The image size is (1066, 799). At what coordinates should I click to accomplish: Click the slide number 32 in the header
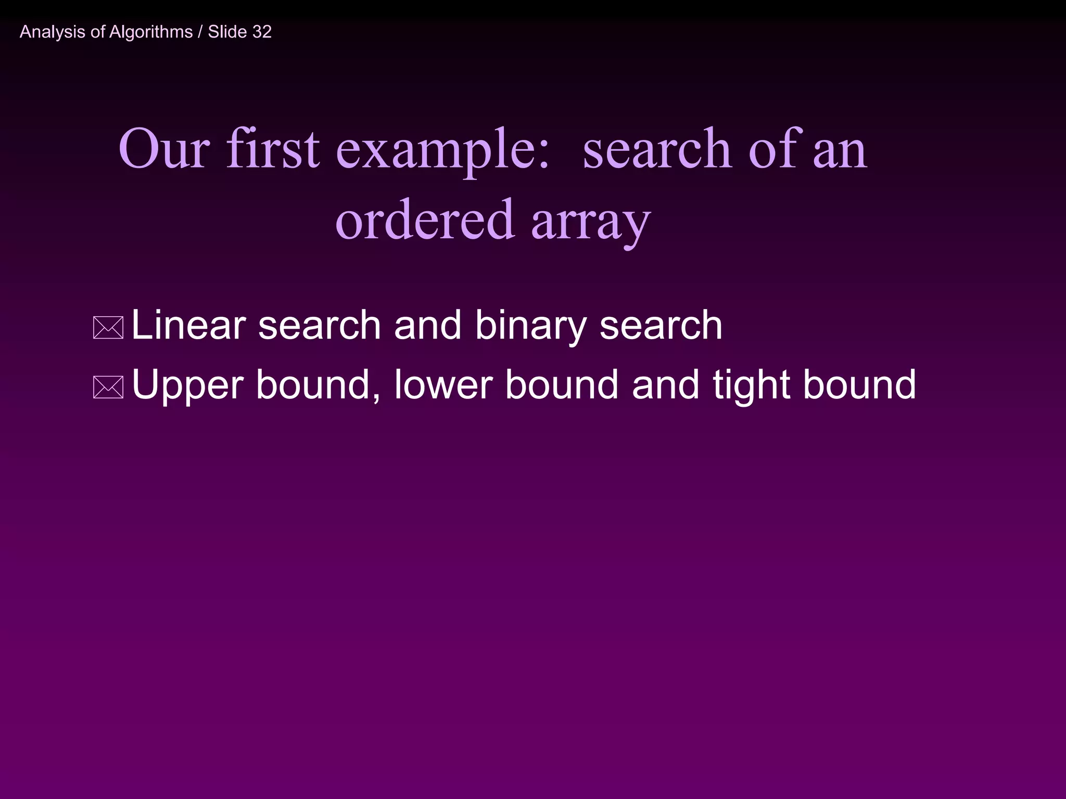[x=262, y=32]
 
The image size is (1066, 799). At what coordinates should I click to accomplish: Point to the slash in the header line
[x=200, y=32]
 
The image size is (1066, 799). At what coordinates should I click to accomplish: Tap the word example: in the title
[x=442, y=151]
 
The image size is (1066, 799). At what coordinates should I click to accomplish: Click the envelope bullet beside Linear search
[x=108, y=328]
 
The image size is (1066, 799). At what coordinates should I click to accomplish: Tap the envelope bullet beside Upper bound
[x=108, y=387]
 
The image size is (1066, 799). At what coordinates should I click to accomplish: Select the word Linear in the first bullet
[x=188, y=325]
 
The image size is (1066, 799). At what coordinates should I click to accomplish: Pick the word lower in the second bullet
[x=442, y=385]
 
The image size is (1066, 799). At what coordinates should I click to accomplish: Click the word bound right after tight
[x=859, y=385]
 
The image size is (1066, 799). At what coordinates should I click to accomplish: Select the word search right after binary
[x=661, y=326]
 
